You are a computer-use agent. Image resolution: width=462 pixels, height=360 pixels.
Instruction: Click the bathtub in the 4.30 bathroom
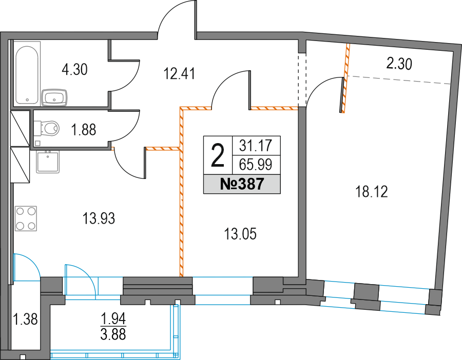coord(27,75)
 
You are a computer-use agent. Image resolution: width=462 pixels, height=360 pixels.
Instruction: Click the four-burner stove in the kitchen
coord(26,218)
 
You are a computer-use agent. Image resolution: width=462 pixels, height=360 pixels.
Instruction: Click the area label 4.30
coord(74,69)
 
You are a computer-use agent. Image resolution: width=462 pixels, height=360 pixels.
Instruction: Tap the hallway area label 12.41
coord(180,75)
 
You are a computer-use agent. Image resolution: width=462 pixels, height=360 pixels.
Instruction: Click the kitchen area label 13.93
coord(99,219)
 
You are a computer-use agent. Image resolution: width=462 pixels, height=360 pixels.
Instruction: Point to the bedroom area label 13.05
coord(240,234)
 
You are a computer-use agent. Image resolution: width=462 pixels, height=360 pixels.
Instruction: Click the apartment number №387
coord(242,184)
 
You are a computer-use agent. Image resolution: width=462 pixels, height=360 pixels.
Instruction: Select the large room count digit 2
coord(218,155)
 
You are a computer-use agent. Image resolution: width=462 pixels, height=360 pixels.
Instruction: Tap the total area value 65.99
coord(256,165)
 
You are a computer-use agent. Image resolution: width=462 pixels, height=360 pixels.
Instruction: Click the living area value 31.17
coord(256,146)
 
